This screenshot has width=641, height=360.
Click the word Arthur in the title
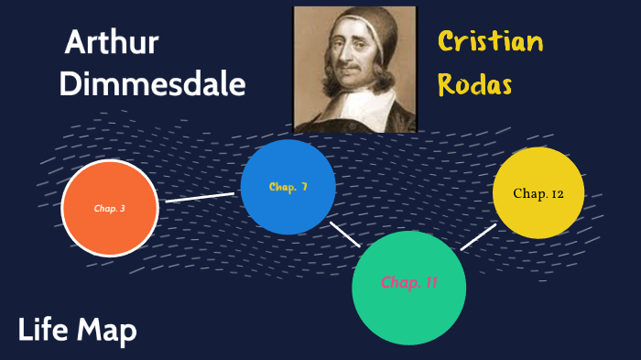pos(113,43)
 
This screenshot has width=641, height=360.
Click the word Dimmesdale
pos(152,84)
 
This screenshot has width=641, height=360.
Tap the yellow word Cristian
pos(490,42)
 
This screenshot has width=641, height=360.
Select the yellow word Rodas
pos(474,84)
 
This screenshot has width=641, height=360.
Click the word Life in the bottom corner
pos(42,330)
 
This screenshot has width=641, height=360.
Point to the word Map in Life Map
pos(106,330)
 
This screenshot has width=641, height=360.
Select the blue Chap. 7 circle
pos(288,187)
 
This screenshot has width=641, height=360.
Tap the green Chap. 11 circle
pos(409,287)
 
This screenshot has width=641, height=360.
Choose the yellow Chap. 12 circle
pos(538,193)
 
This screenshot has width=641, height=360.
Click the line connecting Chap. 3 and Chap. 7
pos(200,197)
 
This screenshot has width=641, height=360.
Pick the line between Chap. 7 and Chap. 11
pos(344,234)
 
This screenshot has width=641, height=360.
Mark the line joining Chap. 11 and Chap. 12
pos(478,235)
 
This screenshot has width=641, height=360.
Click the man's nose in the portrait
pos(346,62)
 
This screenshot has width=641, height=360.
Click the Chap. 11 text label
pos(409,282)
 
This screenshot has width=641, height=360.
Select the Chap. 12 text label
pos(538,193)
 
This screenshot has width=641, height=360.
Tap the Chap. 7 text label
pos(288,187)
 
